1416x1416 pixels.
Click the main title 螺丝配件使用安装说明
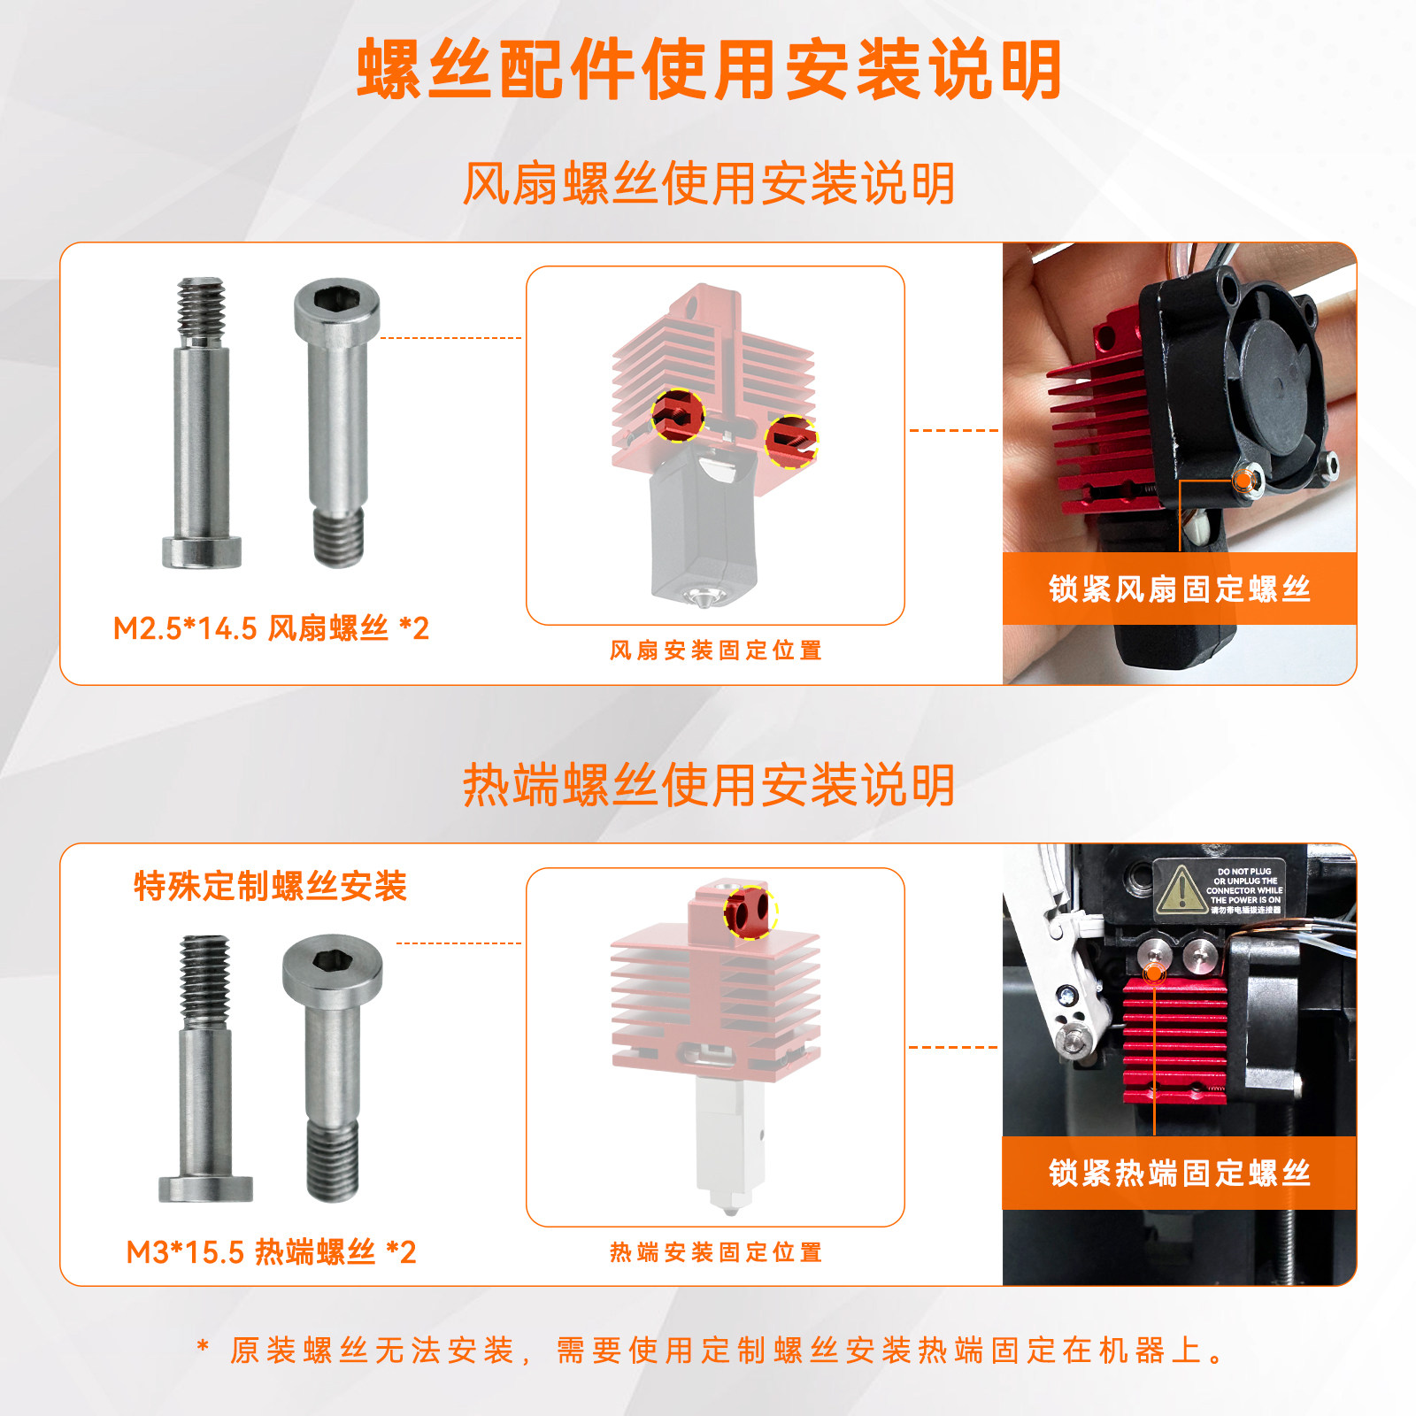708,69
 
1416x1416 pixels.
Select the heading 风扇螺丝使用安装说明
708,183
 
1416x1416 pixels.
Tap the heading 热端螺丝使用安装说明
708,784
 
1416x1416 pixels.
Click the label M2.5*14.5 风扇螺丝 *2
271,628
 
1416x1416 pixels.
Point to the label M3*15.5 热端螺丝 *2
271,1252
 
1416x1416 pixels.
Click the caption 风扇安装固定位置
715,650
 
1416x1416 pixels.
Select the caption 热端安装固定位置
715,1252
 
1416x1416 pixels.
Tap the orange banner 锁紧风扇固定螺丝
1179,589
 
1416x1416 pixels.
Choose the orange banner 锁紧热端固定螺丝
1179,1173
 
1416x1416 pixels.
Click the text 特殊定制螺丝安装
270,885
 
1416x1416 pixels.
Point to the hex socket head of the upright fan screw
337,307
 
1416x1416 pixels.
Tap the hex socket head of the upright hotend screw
332,966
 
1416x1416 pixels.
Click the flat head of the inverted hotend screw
205,1188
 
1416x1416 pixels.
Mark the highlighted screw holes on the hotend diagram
750,912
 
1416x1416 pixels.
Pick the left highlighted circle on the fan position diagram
678,415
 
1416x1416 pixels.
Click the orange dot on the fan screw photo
1244,481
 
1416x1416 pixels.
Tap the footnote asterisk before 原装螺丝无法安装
203,1349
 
